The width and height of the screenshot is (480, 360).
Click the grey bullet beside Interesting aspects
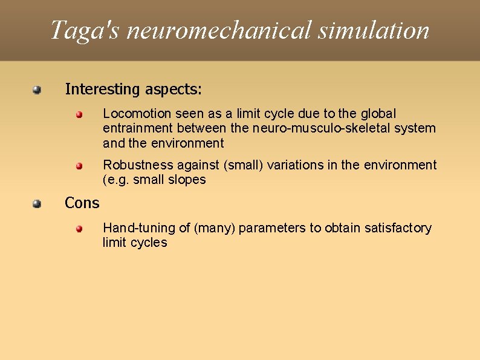(x=37, y=90)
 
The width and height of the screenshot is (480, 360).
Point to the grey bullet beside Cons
(x=37, y=203)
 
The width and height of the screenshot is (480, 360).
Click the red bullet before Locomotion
(x=80, y=114)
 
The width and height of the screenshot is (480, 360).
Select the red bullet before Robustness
(x=80, y=165)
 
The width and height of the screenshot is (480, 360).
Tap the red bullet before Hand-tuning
(x=80, y=229)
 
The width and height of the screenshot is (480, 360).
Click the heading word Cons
(x=82, y=203)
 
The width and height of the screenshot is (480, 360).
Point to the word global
(x=378, y=114)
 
